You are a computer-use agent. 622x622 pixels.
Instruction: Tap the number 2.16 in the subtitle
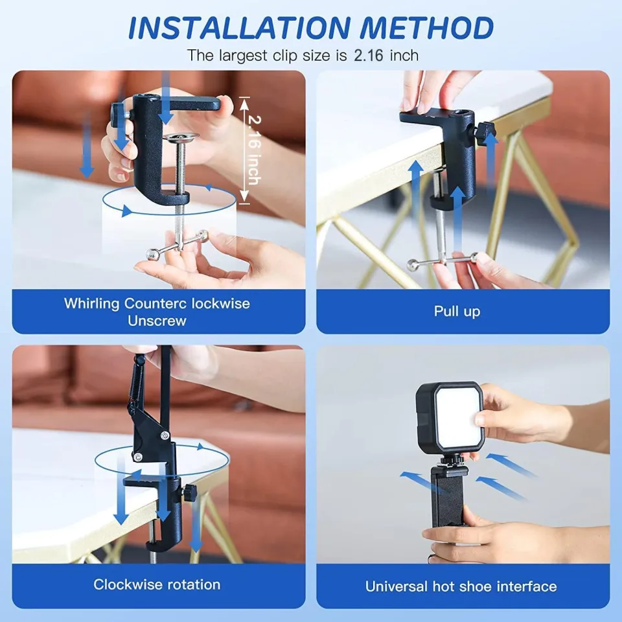(371, 55)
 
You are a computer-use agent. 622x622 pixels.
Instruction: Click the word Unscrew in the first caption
(157, 320)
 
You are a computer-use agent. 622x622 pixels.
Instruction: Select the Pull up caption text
(457, 311)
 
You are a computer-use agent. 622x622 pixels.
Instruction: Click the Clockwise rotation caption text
(157, 584)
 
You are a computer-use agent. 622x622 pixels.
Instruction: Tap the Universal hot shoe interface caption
(461, 586)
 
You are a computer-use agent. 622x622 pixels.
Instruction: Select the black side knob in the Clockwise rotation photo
(190, 493)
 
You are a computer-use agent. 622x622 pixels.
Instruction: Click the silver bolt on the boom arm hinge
(137, 457)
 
